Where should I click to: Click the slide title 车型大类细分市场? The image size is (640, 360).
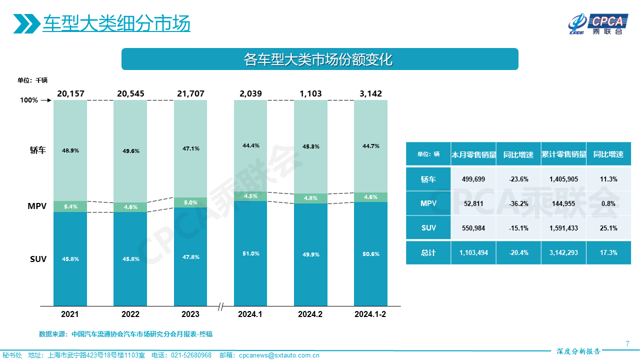116,23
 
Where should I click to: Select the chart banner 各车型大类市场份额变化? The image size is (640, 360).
319,59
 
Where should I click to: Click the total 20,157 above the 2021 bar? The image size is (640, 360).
70,93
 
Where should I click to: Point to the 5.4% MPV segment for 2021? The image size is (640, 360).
70,206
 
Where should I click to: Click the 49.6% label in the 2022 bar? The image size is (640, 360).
130,150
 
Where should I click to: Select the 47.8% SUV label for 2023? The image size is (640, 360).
190,257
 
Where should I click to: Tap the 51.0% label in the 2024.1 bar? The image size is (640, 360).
250,253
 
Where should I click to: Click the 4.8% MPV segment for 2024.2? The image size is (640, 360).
310,198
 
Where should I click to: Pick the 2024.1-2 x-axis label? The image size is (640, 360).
370,314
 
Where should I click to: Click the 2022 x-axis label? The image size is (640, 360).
130,314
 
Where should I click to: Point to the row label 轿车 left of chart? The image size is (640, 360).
38,150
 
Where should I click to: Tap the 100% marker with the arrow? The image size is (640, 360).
35,100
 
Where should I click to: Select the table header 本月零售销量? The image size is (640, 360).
473,154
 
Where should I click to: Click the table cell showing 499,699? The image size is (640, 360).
473,179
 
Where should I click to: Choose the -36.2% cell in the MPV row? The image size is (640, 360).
518,203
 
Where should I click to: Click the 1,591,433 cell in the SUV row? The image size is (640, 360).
563,228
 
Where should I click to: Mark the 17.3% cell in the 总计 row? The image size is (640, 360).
608,252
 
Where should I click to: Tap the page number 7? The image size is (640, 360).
627,343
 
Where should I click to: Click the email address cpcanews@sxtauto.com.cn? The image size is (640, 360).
279,355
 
